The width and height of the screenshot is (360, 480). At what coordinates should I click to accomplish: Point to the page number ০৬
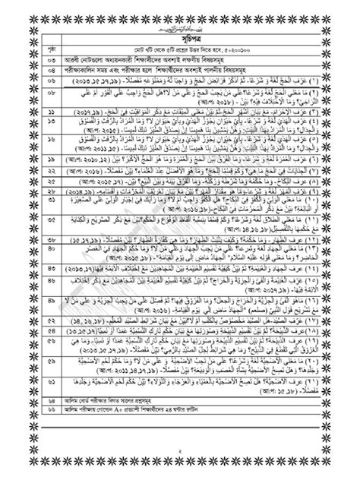tap(30, 77)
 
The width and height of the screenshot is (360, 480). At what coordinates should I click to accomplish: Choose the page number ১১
tap(30, 112)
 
